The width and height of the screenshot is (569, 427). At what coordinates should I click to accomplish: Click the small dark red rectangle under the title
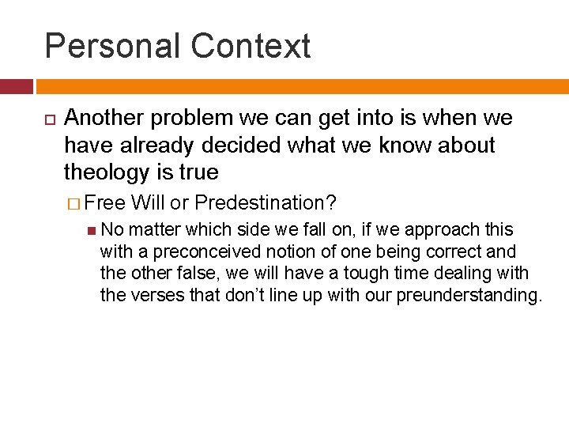point(16,86)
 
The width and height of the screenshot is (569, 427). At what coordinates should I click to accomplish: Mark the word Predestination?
point(266,203)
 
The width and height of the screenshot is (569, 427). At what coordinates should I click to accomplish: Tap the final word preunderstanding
point(469,296)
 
